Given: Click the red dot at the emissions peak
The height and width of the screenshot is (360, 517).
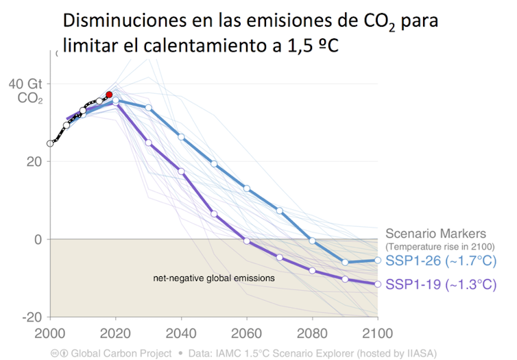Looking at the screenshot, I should click(109, 95).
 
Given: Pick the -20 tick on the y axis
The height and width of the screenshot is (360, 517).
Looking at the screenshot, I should click(32, 317).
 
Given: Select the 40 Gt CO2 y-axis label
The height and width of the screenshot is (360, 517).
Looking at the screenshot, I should click(26, 91).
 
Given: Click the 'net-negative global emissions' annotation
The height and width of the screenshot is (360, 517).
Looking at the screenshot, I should click(213, 278).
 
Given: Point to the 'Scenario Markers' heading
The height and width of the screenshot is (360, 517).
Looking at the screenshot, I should click(435, 233).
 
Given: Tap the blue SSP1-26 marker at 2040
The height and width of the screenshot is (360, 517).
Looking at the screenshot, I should click(181, 137).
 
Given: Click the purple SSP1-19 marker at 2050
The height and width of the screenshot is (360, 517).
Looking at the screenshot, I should click(214, 214).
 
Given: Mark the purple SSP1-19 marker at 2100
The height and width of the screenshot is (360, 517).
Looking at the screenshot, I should click(378, 284).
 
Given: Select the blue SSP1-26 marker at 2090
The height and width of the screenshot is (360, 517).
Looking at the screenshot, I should click(345, 262).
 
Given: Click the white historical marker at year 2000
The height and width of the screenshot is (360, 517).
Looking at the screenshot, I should click(50, 143).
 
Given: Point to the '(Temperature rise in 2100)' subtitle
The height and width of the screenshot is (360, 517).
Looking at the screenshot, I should click(440, 246).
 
